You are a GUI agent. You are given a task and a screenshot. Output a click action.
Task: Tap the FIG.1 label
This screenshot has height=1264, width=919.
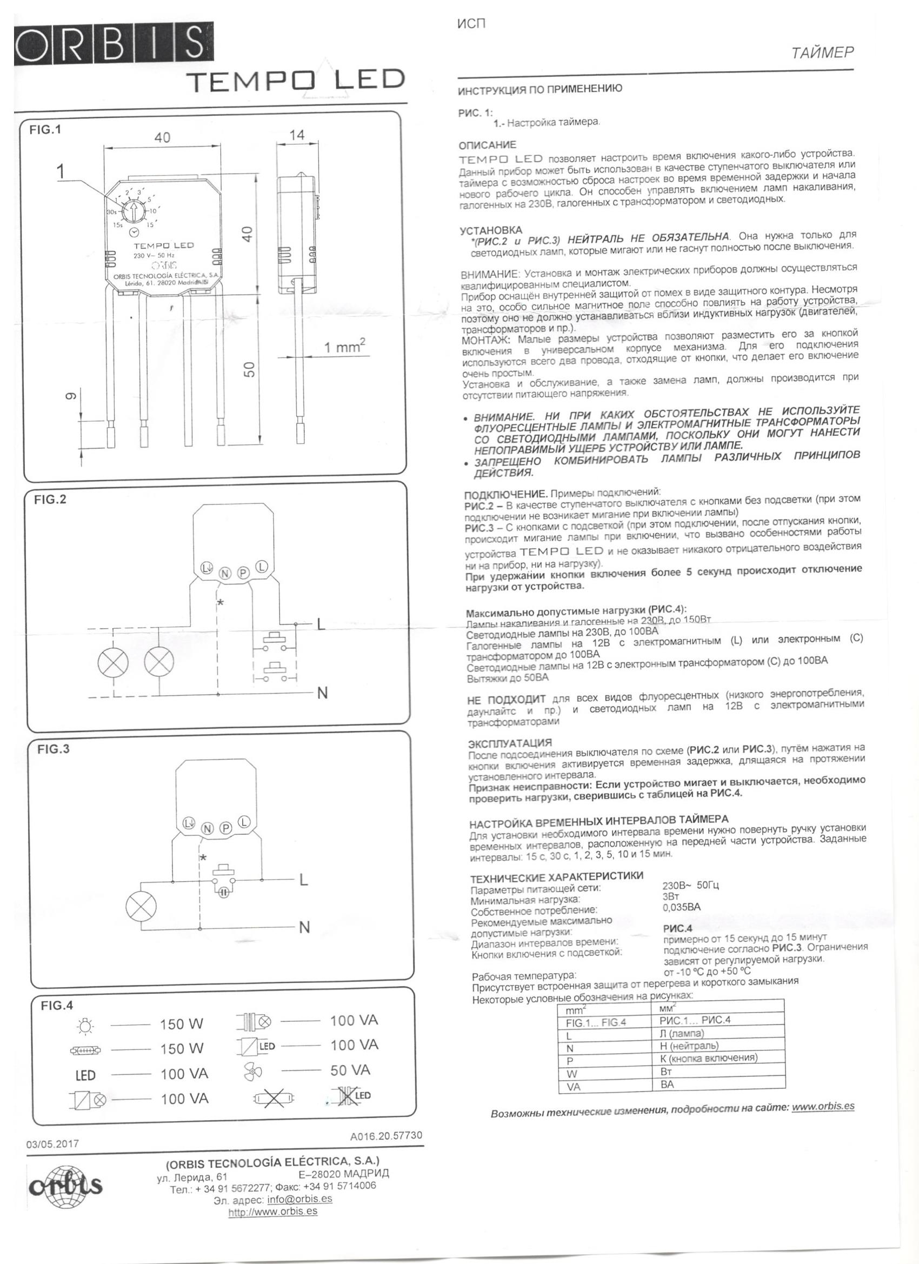tap(45, 130)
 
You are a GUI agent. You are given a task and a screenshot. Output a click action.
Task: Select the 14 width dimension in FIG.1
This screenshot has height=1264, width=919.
tap(297, 135)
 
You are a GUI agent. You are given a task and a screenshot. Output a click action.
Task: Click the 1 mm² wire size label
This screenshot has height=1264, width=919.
tap(344, 347)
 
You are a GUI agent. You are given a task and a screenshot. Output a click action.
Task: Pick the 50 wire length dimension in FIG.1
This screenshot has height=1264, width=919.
tap(249, 369)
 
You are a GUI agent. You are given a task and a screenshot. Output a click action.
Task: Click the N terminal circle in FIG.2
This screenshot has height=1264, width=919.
tap(224, 573)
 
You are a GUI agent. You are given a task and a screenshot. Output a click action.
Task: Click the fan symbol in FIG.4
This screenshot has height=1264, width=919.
tap(254, 1070)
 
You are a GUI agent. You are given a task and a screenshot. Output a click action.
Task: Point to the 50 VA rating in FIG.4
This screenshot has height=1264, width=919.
tap(350, 1070)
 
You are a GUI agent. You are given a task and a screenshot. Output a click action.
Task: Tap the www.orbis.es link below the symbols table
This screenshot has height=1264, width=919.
tap(823, 1106)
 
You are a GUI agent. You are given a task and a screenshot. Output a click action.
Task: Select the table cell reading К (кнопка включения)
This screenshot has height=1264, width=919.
tap(708, 1058)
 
